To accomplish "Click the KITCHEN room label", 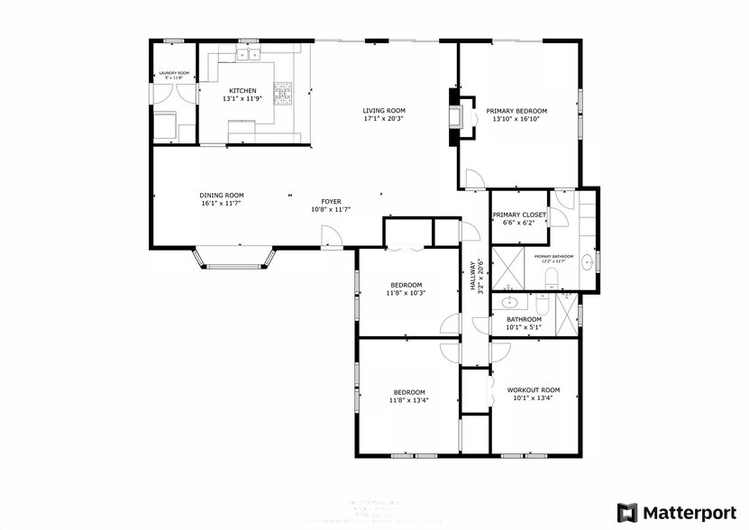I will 242,90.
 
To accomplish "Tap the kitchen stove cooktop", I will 284,91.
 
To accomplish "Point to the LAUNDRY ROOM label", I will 174,73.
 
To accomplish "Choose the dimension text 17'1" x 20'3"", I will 383,118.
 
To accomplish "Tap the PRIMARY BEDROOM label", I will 516,111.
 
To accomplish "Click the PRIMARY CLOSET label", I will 519,215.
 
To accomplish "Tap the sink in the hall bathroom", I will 511,304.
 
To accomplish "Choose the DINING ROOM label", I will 221,195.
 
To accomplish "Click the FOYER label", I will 331,202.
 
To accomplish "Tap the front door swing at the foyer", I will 331,236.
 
